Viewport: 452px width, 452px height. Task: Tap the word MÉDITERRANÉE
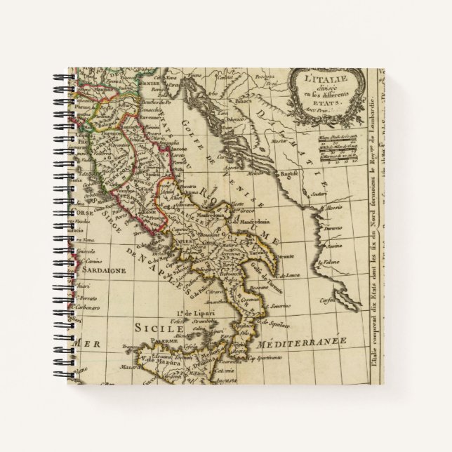tap(298, 344)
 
